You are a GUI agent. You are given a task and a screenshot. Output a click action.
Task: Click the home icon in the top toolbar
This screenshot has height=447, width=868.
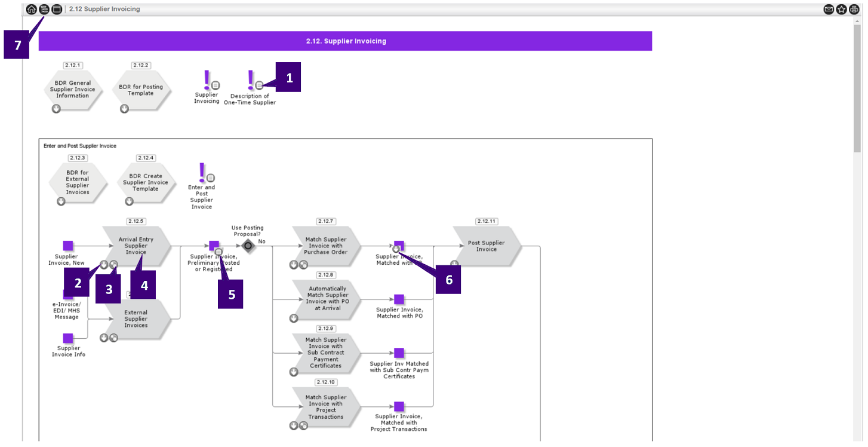[x=32, y=9]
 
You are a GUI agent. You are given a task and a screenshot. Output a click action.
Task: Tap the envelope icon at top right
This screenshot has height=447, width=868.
[x=829, y=9]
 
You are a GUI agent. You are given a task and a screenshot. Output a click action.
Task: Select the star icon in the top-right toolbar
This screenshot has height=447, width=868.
[x=841, y=9]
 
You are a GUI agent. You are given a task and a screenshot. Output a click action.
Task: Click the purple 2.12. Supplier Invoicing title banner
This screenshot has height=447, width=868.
[x=345, y=41]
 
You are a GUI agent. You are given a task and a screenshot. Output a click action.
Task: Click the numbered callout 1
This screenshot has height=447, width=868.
[x=289, y=77]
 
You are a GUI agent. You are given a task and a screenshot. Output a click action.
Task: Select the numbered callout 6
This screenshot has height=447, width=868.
[x=448, y=279]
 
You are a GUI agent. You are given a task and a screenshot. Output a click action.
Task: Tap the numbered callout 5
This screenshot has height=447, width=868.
[x=230, y=294]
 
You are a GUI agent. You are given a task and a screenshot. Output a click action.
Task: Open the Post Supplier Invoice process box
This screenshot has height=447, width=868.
[x=486, y=246]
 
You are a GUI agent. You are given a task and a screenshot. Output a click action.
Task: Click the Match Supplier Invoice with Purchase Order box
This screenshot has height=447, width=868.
[x=325, y=246]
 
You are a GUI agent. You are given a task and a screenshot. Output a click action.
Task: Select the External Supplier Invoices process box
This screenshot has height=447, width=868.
[x=136, y=319]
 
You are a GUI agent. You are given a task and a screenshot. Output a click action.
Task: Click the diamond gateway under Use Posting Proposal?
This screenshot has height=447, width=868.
[x=248, y=246]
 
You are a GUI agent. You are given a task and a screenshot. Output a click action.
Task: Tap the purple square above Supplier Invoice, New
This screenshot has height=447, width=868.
[x=68, y=246]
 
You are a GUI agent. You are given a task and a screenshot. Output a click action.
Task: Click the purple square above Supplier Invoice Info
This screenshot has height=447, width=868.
[x=68, y=338]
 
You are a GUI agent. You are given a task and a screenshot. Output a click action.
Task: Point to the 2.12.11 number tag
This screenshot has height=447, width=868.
[x=487, y=221]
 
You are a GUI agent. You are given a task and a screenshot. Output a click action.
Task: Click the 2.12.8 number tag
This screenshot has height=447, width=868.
[x=326, y=275]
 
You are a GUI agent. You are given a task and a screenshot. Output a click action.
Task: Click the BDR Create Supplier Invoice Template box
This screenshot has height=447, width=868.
[x=146, y=182]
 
